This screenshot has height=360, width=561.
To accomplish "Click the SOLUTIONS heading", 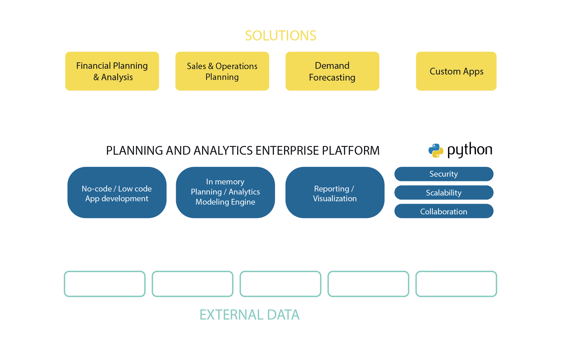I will coord(280,36).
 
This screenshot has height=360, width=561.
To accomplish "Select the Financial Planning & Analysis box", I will coord(112,71).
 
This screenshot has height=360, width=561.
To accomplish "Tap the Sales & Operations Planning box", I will coord(222,71).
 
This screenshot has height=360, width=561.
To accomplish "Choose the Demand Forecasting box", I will coord(332,71).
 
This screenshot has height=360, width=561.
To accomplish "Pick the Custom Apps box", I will coord(456,71).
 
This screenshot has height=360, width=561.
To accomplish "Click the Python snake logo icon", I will coord(436,150).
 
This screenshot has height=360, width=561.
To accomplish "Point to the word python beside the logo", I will coord(470,150).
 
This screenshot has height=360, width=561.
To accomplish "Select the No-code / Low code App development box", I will coord(117,193).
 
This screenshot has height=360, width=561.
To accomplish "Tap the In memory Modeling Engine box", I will coord(225,193).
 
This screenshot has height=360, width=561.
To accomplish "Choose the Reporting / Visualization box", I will coord(335,193).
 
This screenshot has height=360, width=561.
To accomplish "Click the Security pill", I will coord(444,174).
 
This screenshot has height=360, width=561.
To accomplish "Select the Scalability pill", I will coord(444,193).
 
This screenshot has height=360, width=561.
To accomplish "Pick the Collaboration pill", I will coord(444,211).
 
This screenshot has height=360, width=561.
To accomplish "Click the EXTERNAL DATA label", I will coord(250,315).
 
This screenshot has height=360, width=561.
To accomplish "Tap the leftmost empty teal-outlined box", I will coord(105,284).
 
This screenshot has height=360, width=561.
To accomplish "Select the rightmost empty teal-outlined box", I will coord(456,284).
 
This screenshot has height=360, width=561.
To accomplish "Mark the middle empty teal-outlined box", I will coord(280,284).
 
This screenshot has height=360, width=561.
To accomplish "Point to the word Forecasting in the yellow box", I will coord(332,78).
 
